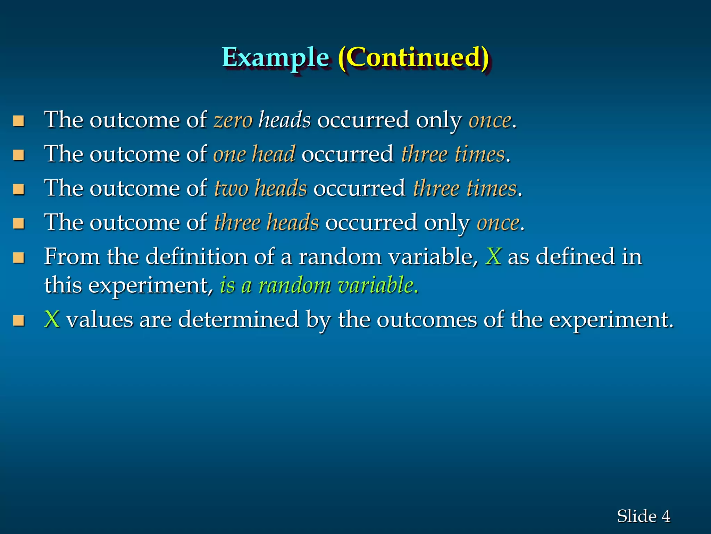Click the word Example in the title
click(275, 58)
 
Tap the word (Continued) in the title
click(413, 58)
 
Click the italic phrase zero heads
click(262, 120)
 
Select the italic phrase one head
click(254, 154)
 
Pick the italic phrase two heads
click(260, 188)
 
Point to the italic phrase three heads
click(266, 222)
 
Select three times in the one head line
click(453, 154)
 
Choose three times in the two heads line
click(465, 188)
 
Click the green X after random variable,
click(493, 257)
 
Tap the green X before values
click(52, 319)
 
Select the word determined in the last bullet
click(238, 319)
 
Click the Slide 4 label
click(643, 516)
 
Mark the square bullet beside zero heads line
click(19, 121)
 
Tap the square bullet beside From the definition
click(19, 258)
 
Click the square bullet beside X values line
click(19, 320)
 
